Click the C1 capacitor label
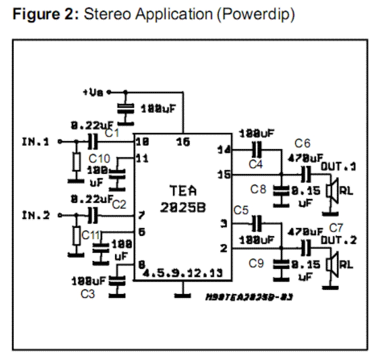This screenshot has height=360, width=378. coord(112,134)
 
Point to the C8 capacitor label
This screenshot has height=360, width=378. coord(259,191)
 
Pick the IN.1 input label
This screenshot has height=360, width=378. coord(36,141)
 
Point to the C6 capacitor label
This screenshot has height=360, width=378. coord(303,143)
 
